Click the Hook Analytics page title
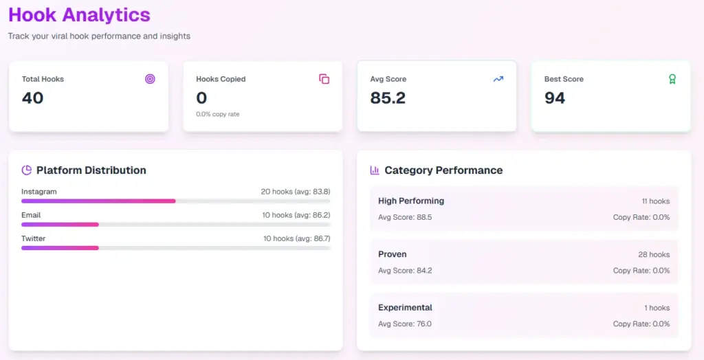pos(79,14)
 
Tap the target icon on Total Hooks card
pos(150,79)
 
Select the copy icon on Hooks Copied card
pos(324,79)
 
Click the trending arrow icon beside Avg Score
pos(498,79)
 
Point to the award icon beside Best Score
pos(672,79)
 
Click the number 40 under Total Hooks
pos(32,98)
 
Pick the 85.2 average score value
pos(388,98)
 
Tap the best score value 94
pos(555,98)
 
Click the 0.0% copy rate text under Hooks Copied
pos(218,114)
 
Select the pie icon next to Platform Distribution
pos(27,170)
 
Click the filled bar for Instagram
pos(98,201)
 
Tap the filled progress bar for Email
pos(60,225)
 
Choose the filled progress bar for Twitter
pos(60,248)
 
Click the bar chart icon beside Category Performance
pos(375,170)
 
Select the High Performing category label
pos(411,201)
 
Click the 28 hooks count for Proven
pos(654,255)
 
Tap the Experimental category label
pos(405,308)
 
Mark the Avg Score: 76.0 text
pos(405,324)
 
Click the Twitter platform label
pos(33,238)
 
